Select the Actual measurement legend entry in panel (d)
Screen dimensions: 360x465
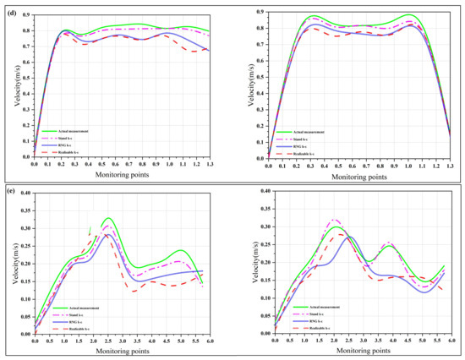point(64,130)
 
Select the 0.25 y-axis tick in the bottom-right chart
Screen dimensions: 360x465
point(263,243)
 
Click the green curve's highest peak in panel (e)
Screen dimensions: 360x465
point(107,218)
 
